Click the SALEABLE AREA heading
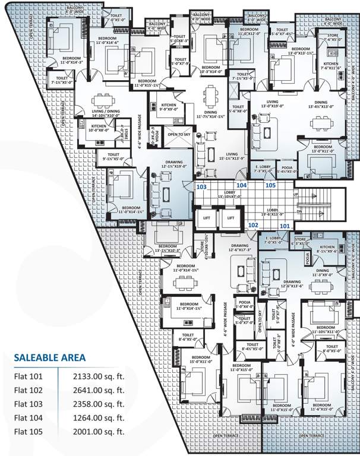coord(50,357)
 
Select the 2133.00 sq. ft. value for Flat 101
coord(98,376)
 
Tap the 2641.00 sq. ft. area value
coord(98,390)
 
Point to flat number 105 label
coord(270,185)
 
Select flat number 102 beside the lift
coord(252,225)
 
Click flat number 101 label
coord(285,226)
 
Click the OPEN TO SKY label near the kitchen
coord(178,134)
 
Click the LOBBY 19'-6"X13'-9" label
coord(273,212)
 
